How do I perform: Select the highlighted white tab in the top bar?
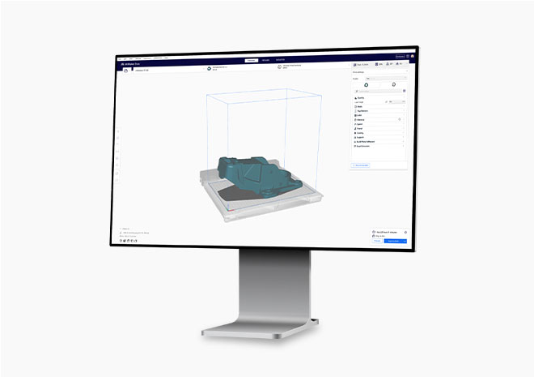(252, 60)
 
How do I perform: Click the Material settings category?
(362, 119)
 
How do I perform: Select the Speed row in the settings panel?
(361, 124)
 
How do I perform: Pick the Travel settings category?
(361, 128)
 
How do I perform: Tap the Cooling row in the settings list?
(362, 133)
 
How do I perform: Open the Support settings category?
(362, 137)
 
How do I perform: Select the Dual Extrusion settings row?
(366, 147)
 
